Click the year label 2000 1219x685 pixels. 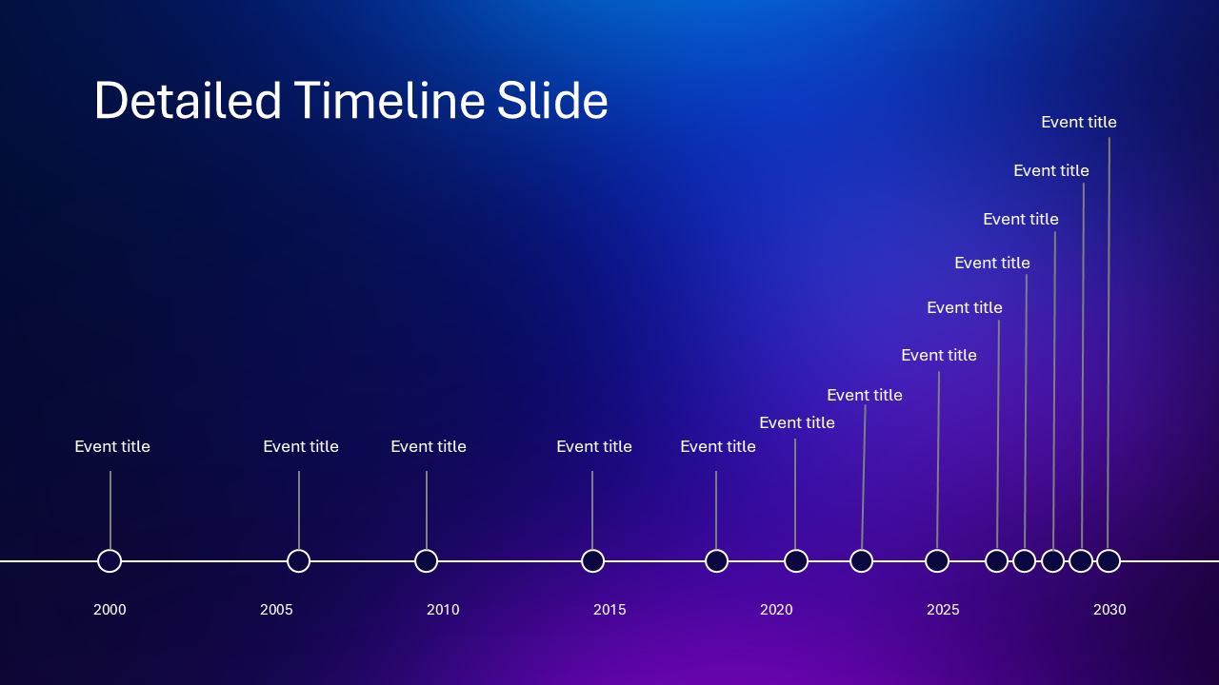pos(110,610)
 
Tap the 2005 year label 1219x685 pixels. pos(276,610)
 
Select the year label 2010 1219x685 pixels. pos(443,610)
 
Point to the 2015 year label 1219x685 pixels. pos(609,610)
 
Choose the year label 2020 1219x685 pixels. pos(776,610)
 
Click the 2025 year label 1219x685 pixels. pos(943,610)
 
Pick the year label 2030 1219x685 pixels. pos(1109,610)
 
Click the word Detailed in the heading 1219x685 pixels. pos(188,100)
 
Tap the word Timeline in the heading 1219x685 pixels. pos(390,100)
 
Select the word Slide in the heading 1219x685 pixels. pos(552,100)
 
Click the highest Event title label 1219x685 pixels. pos(1079,123)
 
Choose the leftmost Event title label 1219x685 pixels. pos(112,447)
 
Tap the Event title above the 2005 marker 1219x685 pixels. pos(301,447)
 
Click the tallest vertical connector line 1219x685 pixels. pos(1109,343)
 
